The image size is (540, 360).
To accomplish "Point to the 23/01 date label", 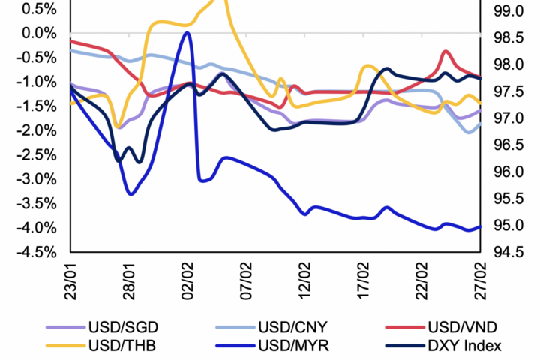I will point(70,278).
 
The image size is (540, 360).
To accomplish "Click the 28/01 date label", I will point(129,278).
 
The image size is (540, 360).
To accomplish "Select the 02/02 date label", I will point(187,278).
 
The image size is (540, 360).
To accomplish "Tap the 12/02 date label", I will point(304,278).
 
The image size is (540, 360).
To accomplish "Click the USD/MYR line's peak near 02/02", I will point(187,33).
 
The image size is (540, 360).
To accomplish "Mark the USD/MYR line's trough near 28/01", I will point(131,194).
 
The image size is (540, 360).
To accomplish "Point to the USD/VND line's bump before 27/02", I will point(446,52).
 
